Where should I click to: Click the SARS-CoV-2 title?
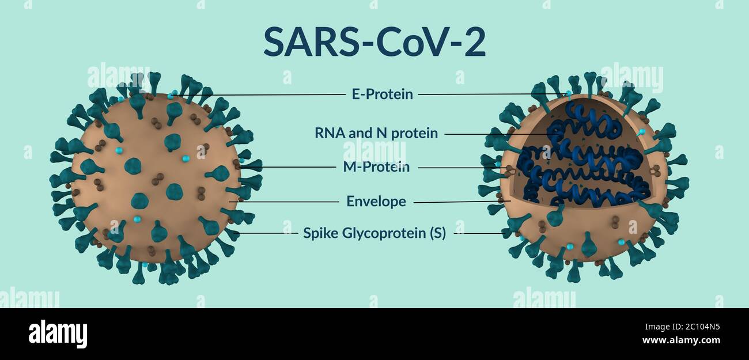pos(374,41)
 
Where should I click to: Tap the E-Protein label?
pos(382,94)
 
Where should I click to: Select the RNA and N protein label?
pos(376,134)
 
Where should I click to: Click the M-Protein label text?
pos(376,167)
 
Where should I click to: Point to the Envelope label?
pos(376,202)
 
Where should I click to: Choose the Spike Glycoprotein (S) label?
pos(374,234)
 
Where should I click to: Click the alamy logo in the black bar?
pos(58,334)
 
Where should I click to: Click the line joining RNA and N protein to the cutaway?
pos(495,134)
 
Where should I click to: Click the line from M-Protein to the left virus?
pos(288,168)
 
